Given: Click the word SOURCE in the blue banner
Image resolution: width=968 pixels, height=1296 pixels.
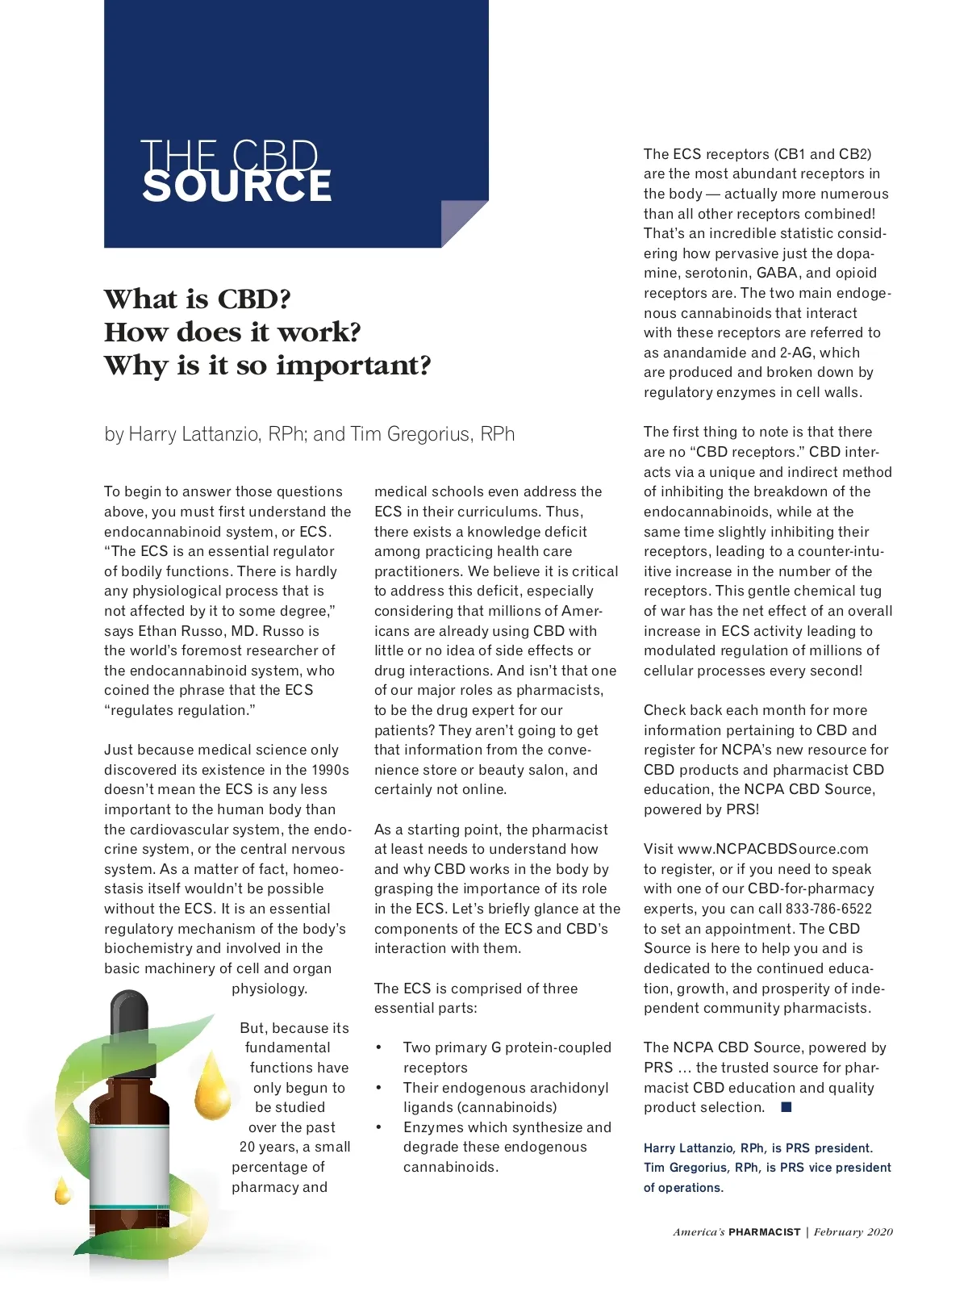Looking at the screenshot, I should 237,186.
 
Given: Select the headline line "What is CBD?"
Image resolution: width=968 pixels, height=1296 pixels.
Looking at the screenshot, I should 198,299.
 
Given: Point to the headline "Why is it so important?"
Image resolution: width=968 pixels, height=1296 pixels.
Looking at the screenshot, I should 268,366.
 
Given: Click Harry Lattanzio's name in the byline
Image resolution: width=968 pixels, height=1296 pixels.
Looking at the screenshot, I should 193,434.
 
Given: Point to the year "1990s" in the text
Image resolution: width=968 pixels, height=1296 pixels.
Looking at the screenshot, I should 330,770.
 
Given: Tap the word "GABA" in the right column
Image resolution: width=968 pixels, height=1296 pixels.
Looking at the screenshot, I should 776,273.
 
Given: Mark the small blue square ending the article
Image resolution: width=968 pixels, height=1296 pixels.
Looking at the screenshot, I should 786,1107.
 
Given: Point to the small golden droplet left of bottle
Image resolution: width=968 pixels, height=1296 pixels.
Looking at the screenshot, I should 62,1191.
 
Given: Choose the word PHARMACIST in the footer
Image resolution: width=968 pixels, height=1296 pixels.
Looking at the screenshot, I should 764,1232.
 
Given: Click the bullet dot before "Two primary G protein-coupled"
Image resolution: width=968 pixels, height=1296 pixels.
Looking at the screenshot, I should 378,1047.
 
